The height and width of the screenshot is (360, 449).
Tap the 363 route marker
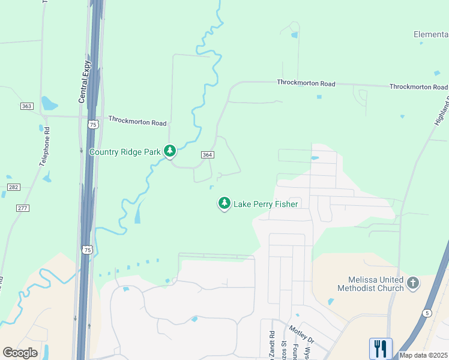pyautogui.click(x=26, y=106)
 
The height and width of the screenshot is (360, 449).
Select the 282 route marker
pyautogui.click(x=14, y=187)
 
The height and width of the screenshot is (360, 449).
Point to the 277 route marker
pyautogui.click(x=23, y=208)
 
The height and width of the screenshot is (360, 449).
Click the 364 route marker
pyautogui.click(x=207, y=155)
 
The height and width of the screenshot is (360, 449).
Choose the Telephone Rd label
pyautogui.click(x=45, y=146)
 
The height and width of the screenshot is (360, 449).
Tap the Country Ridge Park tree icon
pyautogui.click(x=170, y=151)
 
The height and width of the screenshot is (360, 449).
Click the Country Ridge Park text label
pyautogui.click(x=125, y=152)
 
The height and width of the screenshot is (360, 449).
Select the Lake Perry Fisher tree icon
pyautogui.click(x=224, y=204)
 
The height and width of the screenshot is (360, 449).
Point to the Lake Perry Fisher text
pyautogui.click(x=266, y=204)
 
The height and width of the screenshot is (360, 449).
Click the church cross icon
pyautogui.click(x=412, y=282)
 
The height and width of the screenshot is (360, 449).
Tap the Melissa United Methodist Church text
pyautogui.click(x=376, y=284)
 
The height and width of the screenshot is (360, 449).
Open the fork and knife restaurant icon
pyautogui.click(x=380, y=349)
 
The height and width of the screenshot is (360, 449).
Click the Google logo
pyautogui.click(x=20, y=353)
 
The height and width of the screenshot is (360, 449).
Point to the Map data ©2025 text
pyautogui.click(x=424, y=355)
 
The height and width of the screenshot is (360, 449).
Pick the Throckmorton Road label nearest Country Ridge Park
pyautogui.click(x=137, y=121)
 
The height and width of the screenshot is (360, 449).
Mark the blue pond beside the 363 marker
pyautogui.click(x=49, y=104)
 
